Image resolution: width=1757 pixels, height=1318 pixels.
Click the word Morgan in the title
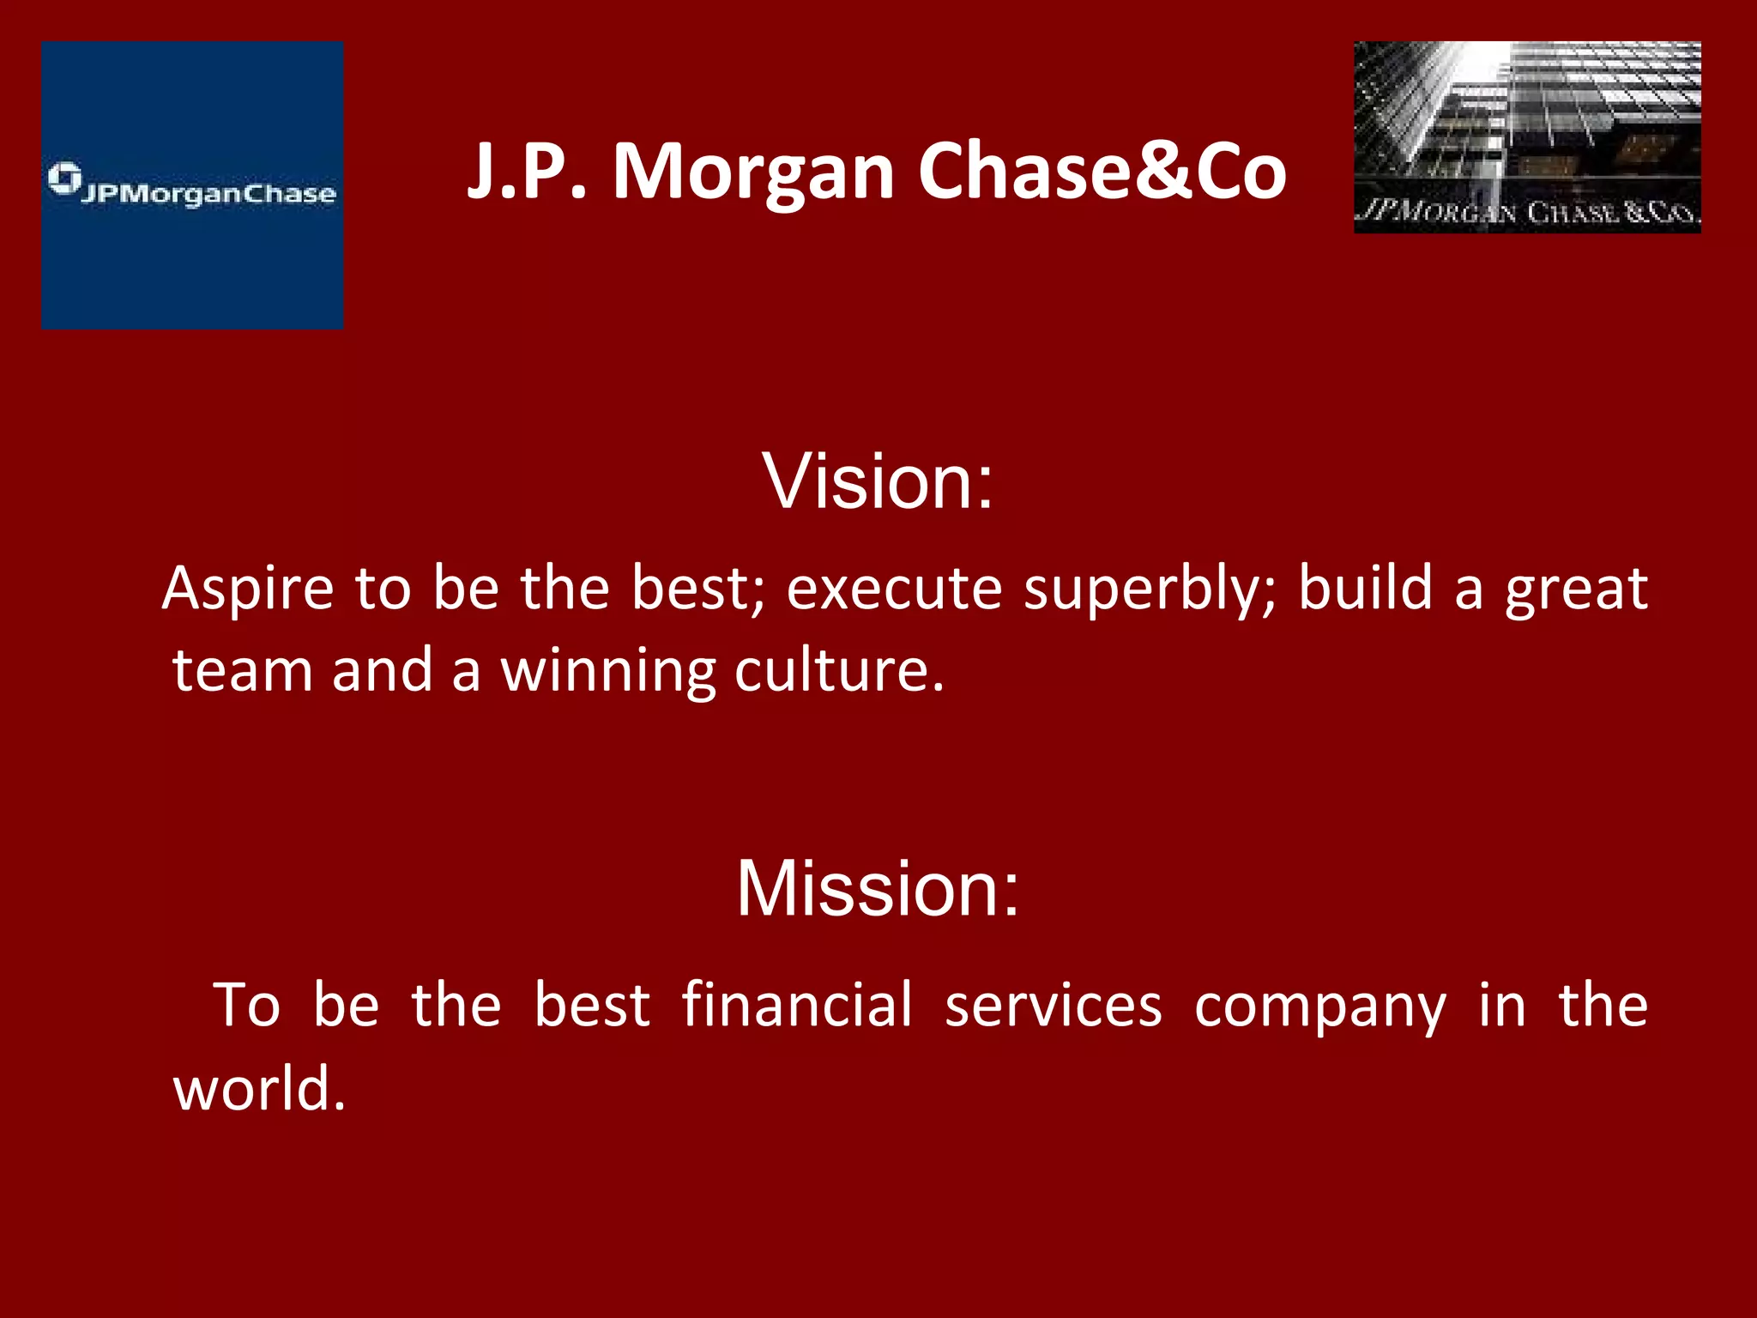753,172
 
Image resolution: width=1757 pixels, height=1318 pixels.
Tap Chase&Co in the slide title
1102,172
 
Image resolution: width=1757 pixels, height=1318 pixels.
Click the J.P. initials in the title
526,172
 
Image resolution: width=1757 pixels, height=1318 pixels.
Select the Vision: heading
878,481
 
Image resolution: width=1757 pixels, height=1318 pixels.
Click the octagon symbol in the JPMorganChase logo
64,178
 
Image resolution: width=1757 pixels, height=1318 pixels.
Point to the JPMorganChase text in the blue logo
208,194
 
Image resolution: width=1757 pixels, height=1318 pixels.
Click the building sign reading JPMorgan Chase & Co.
1526,212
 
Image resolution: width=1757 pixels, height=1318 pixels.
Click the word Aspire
249,589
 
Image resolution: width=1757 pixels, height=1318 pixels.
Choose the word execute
894,589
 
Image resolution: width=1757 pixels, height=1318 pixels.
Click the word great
1576,589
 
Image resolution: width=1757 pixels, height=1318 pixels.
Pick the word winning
607,672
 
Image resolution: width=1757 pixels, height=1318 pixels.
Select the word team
242,670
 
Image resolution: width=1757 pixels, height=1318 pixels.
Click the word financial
797,1005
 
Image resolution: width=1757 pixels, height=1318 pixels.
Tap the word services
1054,1005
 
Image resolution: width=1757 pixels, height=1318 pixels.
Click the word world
258,1088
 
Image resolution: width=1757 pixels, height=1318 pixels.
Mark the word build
1365,589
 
